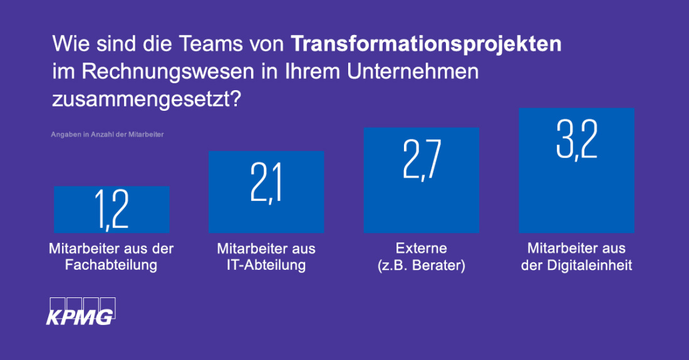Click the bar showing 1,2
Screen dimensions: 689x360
pos(111,209)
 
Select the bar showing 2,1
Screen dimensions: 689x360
pos(266,192)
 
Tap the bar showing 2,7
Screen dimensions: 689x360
pos(422,180)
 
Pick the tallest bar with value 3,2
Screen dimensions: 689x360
pos(576,170)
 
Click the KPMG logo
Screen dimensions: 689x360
pos(81,311)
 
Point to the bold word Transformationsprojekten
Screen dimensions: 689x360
pos(426,44)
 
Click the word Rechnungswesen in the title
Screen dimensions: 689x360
pos(168,71)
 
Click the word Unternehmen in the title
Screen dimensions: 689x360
pos(413,71)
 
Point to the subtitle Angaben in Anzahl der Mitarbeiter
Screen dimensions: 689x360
pos(107,135)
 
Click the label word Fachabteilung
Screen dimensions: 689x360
pos(111,265)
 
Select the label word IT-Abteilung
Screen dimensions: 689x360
pos(266,265)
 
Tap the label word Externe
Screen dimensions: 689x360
pos(422,249)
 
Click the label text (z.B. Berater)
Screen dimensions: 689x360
pos(422,265)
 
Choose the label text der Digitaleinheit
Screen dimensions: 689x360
pos(576,265)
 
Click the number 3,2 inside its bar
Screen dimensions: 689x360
pos(576,140)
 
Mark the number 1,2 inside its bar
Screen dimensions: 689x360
pos(111,209)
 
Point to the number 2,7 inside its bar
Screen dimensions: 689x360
pos(422,160)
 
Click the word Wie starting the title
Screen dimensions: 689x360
pos(70,44)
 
